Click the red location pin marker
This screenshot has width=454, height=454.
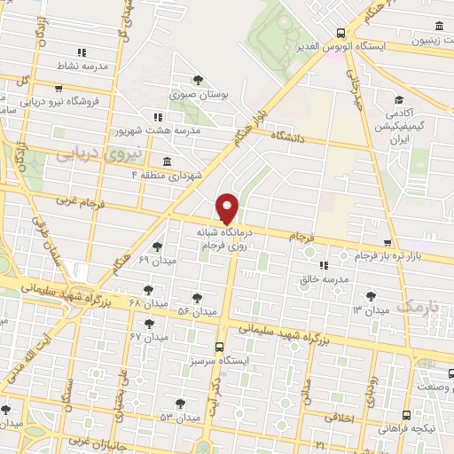click(228, 208)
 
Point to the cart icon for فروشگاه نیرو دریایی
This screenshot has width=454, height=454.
click(59, 89)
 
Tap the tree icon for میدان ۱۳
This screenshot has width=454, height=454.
click(370, 296)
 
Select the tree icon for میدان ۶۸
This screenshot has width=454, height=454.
click(147, 289)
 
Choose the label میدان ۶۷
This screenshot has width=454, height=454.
click(148, 338)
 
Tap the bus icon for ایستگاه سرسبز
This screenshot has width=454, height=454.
click(220, 347)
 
